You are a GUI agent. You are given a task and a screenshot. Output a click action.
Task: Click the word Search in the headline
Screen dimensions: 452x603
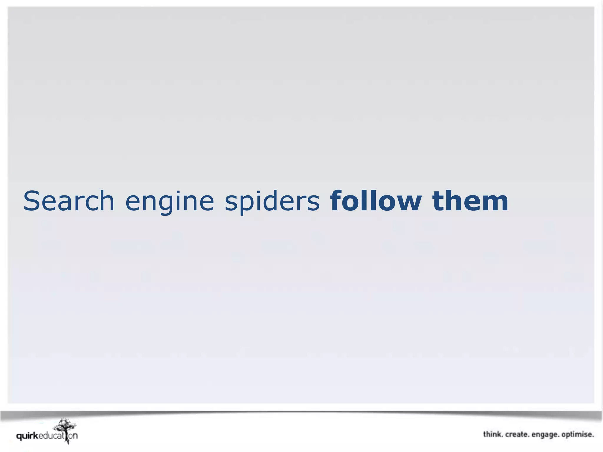(x=69, y=201)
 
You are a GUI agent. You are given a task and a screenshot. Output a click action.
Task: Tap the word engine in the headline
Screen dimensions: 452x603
(x=170, y=202)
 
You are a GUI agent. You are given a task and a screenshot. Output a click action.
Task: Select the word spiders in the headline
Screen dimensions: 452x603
(x=272, y=202)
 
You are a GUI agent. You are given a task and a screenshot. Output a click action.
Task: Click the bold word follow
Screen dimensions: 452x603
(x=376, y=201)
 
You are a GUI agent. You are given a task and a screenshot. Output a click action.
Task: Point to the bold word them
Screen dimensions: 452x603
(x=470, y=201)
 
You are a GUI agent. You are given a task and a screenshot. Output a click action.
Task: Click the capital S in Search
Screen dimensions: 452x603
(x=32, y=201)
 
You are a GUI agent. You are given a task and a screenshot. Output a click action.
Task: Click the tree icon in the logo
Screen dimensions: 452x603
(x=65, y=428)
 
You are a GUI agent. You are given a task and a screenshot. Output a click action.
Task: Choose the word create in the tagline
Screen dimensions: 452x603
(x=517, y=434)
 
